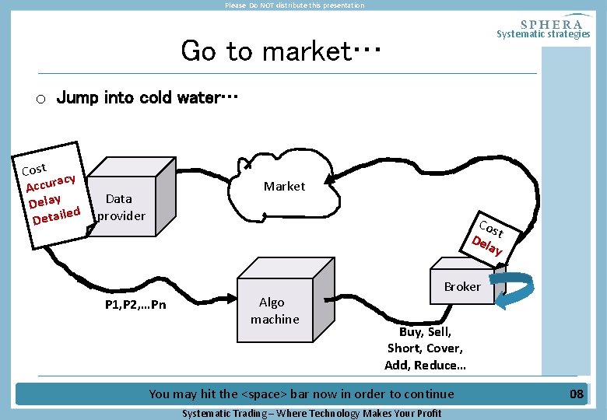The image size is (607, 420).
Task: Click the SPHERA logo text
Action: tap(551, 23)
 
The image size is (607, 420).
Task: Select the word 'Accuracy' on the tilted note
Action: tap(51, 183)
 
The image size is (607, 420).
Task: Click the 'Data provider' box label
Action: tap(120, 207)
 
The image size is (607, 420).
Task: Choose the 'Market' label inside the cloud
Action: tap(284, 186)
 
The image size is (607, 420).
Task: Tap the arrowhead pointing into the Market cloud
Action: tap(331, 181)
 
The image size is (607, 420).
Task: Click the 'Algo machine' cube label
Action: tap(274, 310)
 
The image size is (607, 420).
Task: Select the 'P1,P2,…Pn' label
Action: tap(135, 304)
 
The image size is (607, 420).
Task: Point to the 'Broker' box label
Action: tap(462, 286)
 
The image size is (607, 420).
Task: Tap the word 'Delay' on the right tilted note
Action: tap(487, 247)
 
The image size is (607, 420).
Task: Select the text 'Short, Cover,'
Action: tap(425, 348)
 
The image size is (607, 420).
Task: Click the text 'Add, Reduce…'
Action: tap(425, 365)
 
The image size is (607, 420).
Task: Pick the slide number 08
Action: tap(576, 394)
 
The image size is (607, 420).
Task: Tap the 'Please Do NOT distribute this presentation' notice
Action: tap(294, 5)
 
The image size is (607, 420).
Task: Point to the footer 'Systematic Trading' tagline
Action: tap(311, 413)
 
